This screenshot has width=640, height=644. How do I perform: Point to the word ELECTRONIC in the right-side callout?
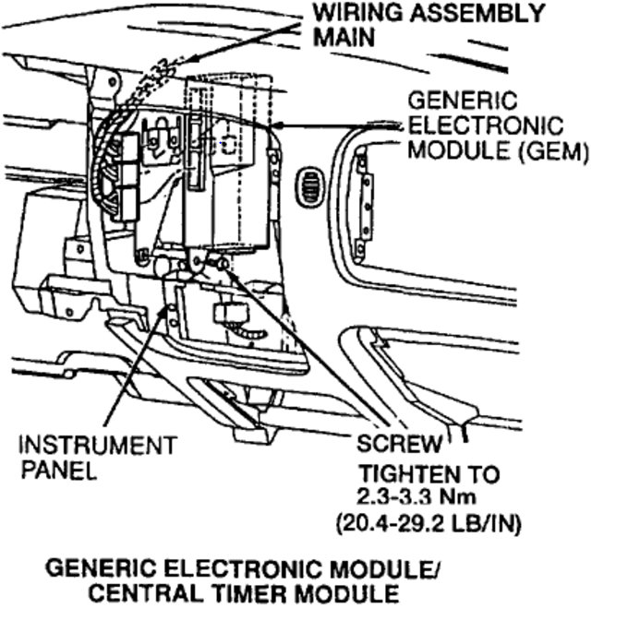(x=484, y=125)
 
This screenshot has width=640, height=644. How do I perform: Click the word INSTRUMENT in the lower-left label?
(x=96, y=446)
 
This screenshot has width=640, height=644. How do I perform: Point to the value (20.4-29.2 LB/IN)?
(x=427, y=526)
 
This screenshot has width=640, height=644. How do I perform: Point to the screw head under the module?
(x=223, y=265)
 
